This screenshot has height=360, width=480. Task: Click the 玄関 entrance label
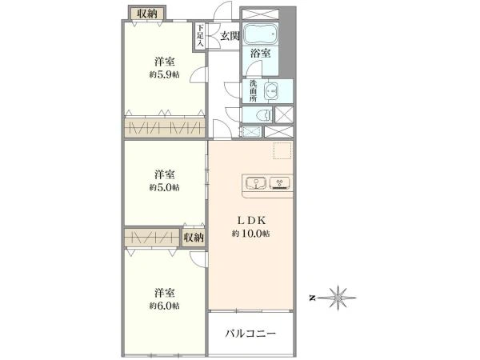[x=230, y=35]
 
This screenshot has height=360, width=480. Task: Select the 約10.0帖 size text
[x=250, y=234]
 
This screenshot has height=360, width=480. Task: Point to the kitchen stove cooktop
[x=281, y=182]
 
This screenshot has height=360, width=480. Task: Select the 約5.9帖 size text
[x=164, y=74]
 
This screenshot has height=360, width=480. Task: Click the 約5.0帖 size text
[x=164, y=187]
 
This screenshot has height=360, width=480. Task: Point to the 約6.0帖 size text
[x=164, y=306]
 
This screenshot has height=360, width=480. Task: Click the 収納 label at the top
[x=146, y=14]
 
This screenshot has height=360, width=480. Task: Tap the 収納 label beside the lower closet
[x=193, y=238]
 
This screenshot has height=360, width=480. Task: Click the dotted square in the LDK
[x=282, y=150]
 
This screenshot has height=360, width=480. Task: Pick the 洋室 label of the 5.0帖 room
[x=165, y=174]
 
